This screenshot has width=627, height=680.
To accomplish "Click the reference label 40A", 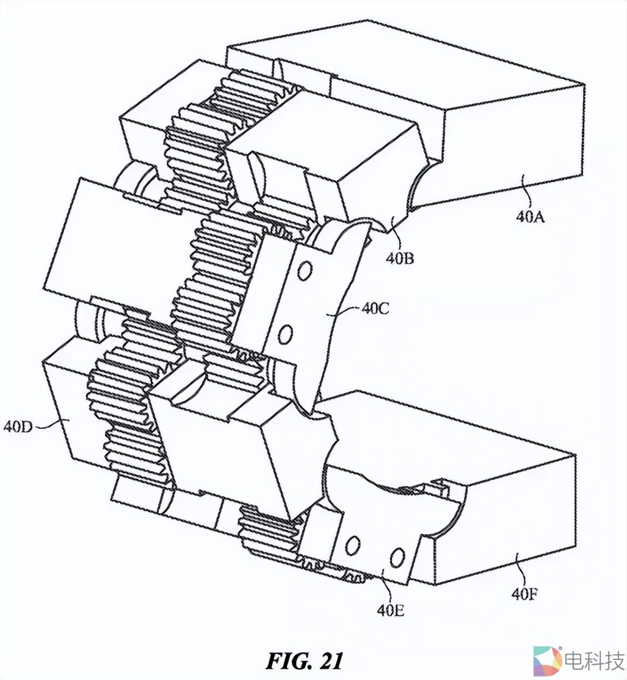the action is [x=530, y=216].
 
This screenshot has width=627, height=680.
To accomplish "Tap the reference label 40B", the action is [x=400, y=258].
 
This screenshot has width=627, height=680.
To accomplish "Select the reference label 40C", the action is [x=376, y=309].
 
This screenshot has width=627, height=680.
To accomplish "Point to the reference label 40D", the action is [x=18, y=427].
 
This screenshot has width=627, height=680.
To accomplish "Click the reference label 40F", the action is [x=524, y=594].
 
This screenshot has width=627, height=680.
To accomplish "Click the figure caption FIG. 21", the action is [x=304, y=660].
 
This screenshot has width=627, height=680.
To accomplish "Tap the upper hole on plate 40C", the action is [x=305, y=271].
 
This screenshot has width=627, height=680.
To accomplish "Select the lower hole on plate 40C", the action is [x=285, y=334].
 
